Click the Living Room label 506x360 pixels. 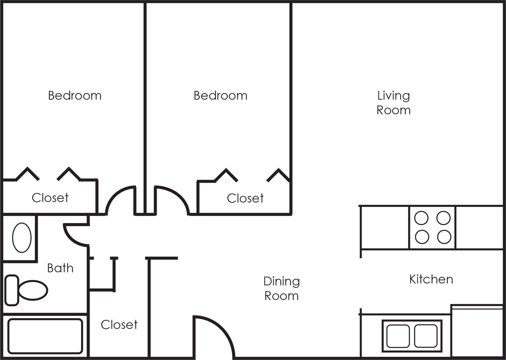pos(393,103)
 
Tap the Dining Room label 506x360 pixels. pos(281,288)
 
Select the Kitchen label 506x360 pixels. pos(431,279)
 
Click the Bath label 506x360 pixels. pos(60,268)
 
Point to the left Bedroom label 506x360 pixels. pos(75,96)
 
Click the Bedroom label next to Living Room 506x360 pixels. pos(220,96)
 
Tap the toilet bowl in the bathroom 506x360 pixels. pos(33,290)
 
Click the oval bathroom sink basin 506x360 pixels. pos(22,238)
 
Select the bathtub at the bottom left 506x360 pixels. pos(45,336)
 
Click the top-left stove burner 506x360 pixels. pos(421,218)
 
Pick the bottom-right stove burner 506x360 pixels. pos(444,237)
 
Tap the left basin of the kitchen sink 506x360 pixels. pos(398,336)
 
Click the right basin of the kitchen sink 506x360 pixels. pos(426,336)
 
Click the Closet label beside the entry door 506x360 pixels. pos(119,325)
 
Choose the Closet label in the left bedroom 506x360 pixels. pos(50,198)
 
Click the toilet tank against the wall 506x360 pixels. pos(12,290)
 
